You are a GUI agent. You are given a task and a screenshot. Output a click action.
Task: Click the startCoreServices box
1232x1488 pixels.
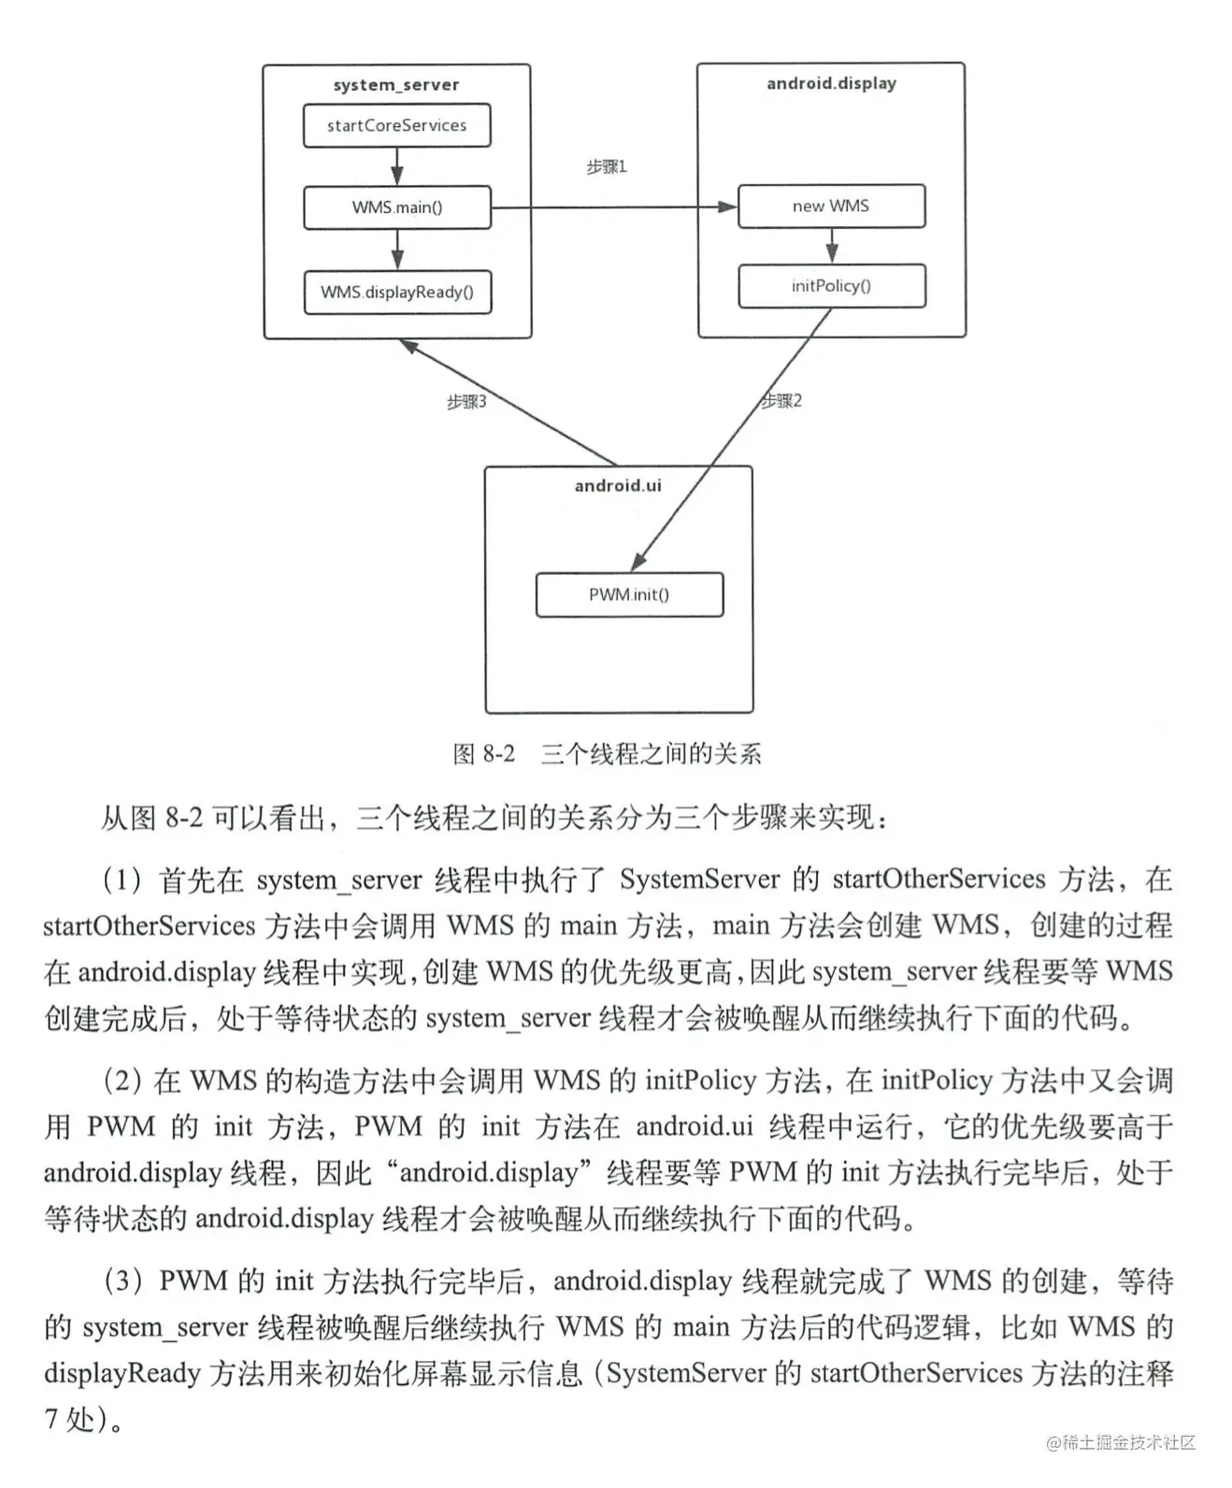[x=396, y=125]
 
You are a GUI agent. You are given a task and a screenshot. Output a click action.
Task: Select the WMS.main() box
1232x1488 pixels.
[x=396, y=207]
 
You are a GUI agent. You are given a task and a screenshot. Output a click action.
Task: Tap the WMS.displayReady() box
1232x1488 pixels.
[x=397, y=293]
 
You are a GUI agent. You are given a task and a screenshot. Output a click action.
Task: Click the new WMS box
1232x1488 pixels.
[x=831, y=206]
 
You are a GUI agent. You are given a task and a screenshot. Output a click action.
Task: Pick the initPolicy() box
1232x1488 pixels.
[x=831, y=286]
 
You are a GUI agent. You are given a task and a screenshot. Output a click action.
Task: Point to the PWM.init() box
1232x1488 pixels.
[x=629, y=594]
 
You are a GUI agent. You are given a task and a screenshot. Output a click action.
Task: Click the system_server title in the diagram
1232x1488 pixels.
[x=396, y=85]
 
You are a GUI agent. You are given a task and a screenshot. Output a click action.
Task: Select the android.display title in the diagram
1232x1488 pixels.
[x=831, y=83]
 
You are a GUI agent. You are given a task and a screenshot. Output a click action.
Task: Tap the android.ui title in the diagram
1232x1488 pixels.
[x=618, y=485]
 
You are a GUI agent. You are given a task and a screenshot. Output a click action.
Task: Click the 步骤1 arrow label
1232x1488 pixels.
[x=607, y=166]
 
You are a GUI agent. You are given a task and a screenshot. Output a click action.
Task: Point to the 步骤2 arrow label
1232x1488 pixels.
[x=781, y=401]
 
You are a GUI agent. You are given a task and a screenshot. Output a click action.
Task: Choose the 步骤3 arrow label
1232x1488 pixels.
[x=466, y=402]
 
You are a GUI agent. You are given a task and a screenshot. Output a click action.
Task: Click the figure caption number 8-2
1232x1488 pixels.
[x=497, y=753]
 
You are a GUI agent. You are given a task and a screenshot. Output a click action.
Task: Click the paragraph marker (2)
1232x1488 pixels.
[x=122, y=1080]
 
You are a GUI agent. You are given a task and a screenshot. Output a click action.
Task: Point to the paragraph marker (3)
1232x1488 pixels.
[x=122, y=1281]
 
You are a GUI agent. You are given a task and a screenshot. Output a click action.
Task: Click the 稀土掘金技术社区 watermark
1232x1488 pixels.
[x=1121, y=1442]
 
